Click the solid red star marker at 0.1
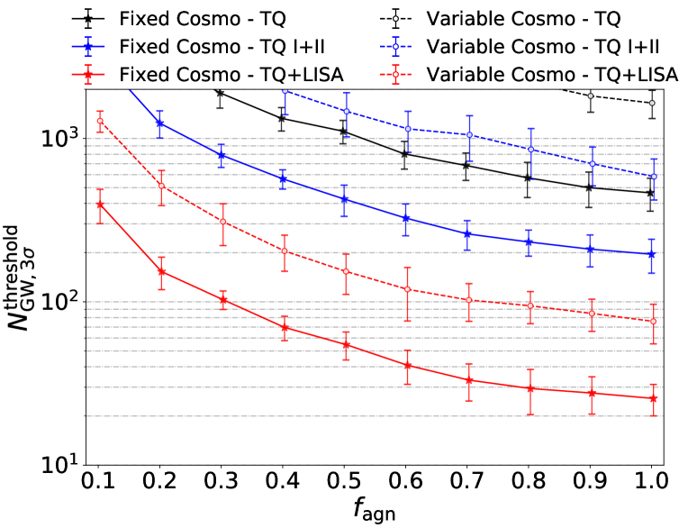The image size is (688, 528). pyautogui.click(x=100, y=205)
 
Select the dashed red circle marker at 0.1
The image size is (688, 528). pyautogui.click(x=100, y=121)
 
